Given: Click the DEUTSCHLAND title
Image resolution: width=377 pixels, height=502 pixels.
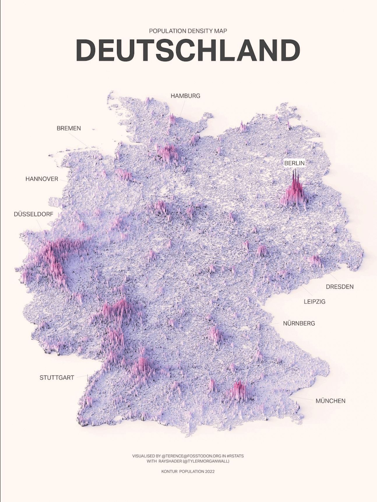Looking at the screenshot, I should [188, 50].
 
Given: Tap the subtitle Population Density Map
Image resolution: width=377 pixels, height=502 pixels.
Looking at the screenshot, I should [188, 31].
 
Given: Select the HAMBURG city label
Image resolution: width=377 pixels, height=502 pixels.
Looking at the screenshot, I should [185, 96].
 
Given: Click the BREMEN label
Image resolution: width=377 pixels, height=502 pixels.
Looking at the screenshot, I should [69, 128].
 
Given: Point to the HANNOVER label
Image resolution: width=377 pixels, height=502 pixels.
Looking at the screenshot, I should [42, 179].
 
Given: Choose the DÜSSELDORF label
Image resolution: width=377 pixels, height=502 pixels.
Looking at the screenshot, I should [34, 214].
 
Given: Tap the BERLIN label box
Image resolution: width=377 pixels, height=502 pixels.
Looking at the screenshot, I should [294, 163].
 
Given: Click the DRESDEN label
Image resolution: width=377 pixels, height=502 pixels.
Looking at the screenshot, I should [340, 287].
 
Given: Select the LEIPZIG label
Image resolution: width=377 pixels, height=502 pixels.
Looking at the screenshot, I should [315, 302].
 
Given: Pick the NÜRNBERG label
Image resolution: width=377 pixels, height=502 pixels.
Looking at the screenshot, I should [299, 323].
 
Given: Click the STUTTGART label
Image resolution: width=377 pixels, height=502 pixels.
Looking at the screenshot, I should [57, 378].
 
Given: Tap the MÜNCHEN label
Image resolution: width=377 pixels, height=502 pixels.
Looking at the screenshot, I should [330, 401].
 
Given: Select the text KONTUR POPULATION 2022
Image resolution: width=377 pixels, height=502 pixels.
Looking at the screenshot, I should [188, 471].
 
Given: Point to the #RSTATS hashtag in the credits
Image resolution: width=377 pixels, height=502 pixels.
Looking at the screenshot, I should [235, 456].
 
